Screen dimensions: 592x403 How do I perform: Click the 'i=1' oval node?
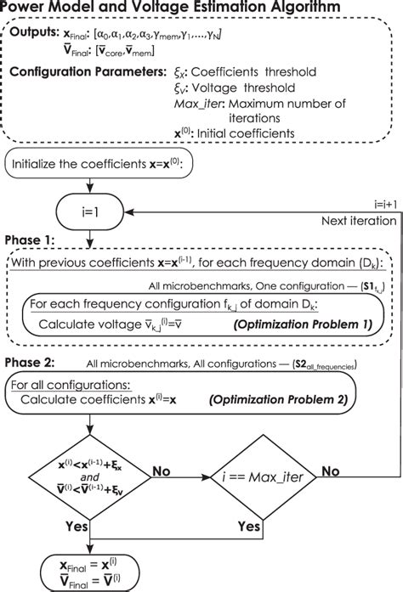tap(93, 206)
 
